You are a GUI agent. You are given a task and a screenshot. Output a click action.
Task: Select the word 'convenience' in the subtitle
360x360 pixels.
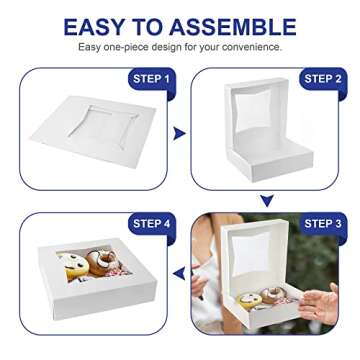pyautogui.click(x=253, y=47)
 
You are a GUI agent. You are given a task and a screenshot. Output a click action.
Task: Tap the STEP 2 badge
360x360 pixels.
pyautogui.click(x=322, y=79)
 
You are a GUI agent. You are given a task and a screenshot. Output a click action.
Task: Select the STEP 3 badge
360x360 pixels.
pyautogui.click(x=322, y=223)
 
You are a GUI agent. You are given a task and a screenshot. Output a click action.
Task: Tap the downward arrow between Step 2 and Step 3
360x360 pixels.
pyautogui.click(x=266, y=201)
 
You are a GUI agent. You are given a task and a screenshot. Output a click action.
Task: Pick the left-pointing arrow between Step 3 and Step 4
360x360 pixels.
pyautogui.click(x=180, y=272)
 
